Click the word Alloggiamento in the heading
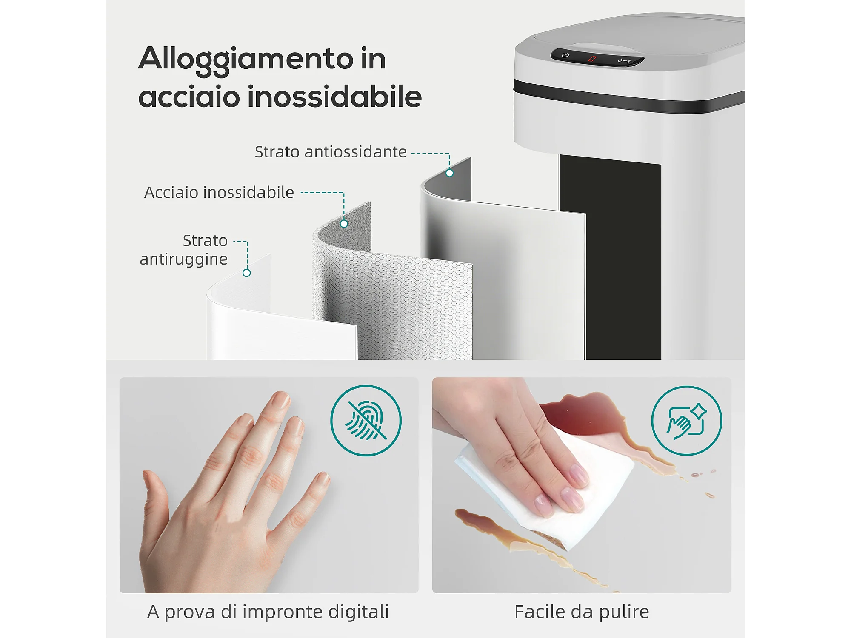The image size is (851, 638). (x=246, y=60)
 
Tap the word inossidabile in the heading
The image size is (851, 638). (x=334, y=97)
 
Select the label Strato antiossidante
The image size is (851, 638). (x=330, y=152)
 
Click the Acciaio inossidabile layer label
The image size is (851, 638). (x=219, y=192)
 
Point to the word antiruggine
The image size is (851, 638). (x=184, y=259)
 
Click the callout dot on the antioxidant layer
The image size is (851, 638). (x=449, y=173)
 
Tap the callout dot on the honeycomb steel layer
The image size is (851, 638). (x=344, y=224)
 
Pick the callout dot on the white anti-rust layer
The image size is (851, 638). (x=246, y=273)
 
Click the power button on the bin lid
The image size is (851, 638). (x=565, y=55)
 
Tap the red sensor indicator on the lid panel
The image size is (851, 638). (x=592, y=59)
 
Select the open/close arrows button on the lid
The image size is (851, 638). (x=625, y=61)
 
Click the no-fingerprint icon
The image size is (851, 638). (x=366, y=421)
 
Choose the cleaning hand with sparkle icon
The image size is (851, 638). (x=686, y=421)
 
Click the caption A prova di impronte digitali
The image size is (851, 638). (x=268, y=612)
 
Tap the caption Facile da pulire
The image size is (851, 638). (x=582, y=612)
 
